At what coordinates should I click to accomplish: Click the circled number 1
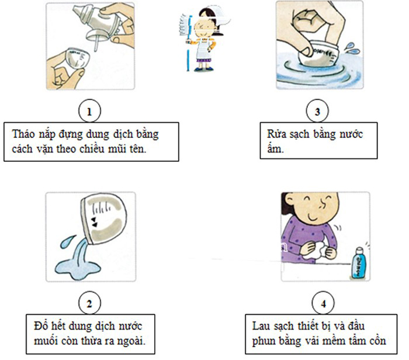coord(89,111)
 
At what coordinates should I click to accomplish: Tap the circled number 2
coord(89,303)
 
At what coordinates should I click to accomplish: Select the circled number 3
coord(317,111)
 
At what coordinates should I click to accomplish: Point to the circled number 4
coord(323,303)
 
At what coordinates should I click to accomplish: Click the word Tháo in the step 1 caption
coord(23,134)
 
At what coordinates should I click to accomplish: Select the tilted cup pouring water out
coord(103,219)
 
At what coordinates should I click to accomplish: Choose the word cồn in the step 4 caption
coord(378,341)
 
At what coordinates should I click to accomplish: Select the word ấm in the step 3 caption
coord(275,148)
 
